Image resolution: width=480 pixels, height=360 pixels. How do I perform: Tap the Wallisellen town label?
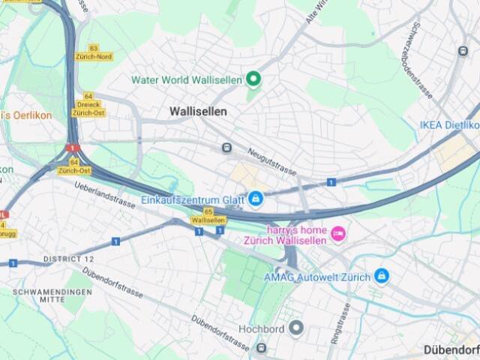pos(198,111)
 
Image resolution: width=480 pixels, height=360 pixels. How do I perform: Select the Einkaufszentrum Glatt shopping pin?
pos(256,199)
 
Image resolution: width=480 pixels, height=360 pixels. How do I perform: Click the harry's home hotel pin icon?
pos(338,234)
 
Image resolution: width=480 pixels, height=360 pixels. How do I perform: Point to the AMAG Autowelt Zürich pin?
pos(382,276)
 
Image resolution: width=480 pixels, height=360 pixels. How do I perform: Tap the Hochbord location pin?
pos(297,328)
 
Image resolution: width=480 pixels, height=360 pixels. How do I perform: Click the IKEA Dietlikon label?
pos(449,124)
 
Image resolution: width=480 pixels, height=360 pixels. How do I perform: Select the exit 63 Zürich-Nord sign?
pos(94,52)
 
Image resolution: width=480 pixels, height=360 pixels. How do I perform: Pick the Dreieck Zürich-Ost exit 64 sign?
pos(88,104)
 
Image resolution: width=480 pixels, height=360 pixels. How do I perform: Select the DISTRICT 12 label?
pos(68,259)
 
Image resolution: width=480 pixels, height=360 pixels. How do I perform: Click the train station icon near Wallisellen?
pos(226,147)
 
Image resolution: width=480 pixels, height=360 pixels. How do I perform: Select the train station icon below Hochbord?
pos(261,347)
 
